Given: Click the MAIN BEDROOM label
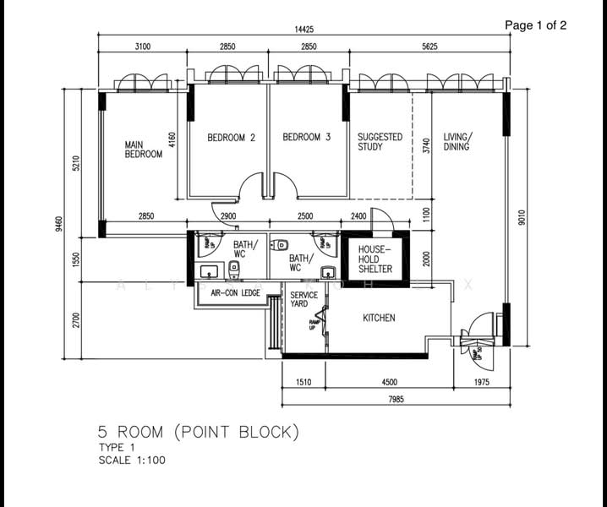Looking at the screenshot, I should click(x=143, y=150).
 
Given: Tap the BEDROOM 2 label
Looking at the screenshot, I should click(x=231, y=137).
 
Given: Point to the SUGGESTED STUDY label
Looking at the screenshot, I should click(x=380, y=142).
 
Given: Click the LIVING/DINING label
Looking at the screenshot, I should click(x=458, y=142).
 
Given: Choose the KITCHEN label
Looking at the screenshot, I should click(x=379, y=319).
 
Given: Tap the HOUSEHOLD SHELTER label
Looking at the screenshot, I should click(x=375, y=259).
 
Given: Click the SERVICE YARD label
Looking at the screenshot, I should click(x=303, y=299).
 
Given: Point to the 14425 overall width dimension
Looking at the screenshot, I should click(x=307, y=29).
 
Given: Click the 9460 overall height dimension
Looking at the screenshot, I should click(x=59, y=224).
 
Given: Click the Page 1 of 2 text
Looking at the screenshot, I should click(x=535, y=25).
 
